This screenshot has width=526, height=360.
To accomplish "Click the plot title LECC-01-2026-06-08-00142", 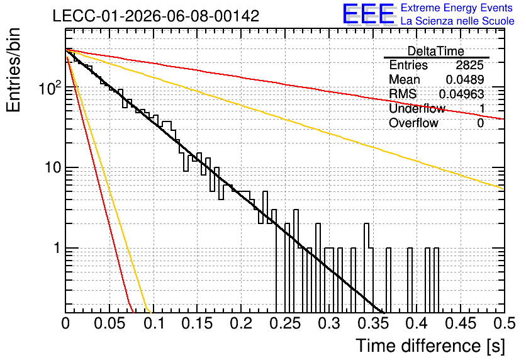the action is tap(156, 16).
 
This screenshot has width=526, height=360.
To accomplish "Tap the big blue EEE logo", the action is tap(368, 14).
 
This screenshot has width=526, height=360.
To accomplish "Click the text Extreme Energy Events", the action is tap(457, 8).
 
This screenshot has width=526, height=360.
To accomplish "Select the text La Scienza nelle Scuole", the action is tap(457, 21).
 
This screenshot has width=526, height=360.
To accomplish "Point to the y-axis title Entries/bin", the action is tap(13, 70).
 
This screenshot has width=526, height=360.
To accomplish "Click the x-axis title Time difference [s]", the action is tap(430, 346).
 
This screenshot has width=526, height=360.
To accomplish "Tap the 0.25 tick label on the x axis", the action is tap(286, 323).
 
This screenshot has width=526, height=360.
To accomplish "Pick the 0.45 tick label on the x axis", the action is tap(461, 323).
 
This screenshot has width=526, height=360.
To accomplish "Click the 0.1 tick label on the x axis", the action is tap(154, 323).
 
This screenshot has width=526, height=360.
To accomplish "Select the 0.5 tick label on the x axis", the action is tap(504, 323).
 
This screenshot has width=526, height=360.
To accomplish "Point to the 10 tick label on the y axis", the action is tap(53, 167).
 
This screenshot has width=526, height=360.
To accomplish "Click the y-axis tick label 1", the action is tap(57, 248).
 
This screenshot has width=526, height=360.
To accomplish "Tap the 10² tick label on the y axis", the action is tap(50, 88).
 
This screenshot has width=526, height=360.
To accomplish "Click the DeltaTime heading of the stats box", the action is tap(436, 52).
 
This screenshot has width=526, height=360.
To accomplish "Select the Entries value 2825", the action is tap(469, 65).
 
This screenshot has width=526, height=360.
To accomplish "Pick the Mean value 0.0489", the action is tap(465, 79).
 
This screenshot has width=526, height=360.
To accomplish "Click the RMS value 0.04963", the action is tap(462, 94).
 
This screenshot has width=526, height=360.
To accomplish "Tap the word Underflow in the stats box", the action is tap(417, 108).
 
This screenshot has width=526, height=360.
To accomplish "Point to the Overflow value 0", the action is tap(480, 123).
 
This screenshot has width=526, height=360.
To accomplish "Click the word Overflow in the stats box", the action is tap(413, 123).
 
